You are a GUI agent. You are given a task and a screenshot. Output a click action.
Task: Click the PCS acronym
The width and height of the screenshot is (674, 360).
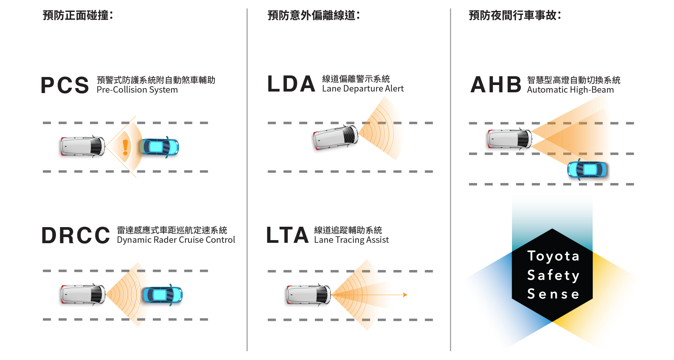pyautogui.click(x=65, y=85)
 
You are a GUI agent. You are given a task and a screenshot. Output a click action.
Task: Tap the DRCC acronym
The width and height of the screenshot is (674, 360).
pyautogui.click(x=76, y=235)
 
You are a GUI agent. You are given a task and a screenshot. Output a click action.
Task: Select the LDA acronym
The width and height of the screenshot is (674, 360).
pyautogui.click(x=291, y=84)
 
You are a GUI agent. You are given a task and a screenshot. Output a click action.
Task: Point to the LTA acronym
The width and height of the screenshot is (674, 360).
pyautogui.click(x=287, y=235)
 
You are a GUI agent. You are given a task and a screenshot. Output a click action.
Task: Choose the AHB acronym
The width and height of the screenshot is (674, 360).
pyautogui.click(x=496, y=85)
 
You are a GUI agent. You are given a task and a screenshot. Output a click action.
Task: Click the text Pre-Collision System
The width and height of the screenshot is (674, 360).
pyautogui.click(x=137, y=90)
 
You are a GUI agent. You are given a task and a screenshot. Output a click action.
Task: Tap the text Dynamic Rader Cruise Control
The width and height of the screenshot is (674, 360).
pyautogui.click(x=176, y=240)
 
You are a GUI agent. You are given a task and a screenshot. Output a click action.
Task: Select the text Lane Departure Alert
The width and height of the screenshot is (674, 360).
pyautogui.click(x=363, y=89)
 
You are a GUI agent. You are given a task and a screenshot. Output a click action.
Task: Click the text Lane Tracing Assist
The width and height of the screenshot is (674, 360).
pyautogui.click(x=352, y=240)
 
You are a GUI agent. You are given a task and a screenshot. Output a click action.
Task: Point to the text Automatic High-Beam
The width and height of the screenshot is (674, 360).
pyautogui.click(x=570, y=90)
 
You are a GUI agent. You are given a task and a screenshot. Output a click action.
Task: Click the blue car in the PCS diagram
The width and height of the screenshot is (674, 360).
pyautogui.click(x=159, y=147)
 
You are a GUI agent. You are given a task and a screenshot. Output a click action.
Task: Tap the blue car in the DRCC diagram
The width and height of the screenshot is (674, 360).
pyautogui.click(x=162, y=296)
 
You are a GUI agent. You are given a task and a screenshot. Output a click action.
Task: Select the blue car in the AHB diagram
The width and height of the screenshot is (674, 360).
pyautogui.click(x=588, y=170)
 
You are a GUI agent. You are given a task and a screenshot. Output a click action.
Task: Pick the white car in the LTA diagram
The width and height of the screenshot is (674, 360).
pyautogui.click(x=307, y=296)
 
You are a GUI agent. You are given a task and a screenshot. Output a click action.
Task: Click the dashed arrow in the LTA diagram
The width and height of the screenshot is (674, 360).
pyautogui.click(x=401, y=295)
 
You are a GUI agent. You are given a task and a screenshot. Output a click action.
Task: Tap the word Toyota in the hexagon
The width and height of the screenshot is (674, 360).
pyautogui.click(x=553, y=256)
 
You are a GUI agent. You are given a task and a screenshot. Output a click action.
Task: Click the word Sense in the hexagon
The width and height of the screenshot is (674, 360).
pyautogui.click(x=553, y=294)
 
